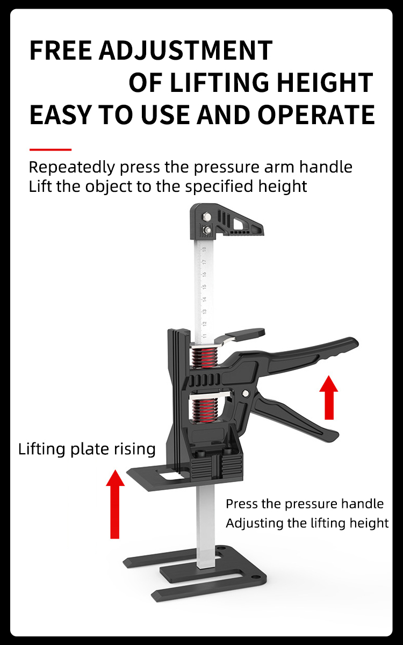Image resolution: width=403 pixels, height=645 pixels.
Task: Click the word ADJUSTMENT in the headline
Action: [186, 50]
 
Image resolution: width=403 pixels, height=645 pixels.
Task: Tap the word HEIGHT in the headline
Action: [325, 82]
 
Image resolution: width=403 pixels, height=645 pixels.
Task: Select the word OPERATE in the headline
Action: [316, 114]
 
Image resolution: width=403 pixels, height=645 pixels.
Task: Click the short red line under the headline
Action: [51, 150]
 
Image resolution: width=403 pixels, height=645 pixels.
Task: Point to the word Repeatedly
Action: [72, 168]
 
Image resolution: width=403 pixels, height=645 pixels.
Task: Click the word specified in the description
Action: [219, 187]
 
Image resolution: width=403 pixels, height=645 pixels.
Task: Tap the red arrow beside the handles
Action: [329, 397]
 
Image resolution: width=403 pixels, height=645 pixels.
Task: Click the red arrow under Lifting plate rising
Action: [115, 504]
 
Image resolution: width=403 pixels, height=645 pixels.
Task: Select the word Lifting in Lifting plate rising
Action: [42, 449]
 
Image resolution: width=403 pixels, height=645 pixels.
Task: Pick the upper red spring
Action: [205, 358]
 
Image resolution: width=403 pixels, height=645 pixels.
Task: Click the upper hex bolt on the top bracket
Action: [206, 216]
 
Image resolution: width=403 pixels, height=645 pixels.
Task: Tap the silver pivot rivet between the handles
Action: [246, 393]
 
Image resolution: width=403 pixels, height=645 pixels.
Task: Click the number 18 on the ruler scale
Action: [204, 249]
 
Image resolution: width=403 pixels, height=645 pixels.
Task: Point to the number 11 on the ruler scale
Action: [205, 336]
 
